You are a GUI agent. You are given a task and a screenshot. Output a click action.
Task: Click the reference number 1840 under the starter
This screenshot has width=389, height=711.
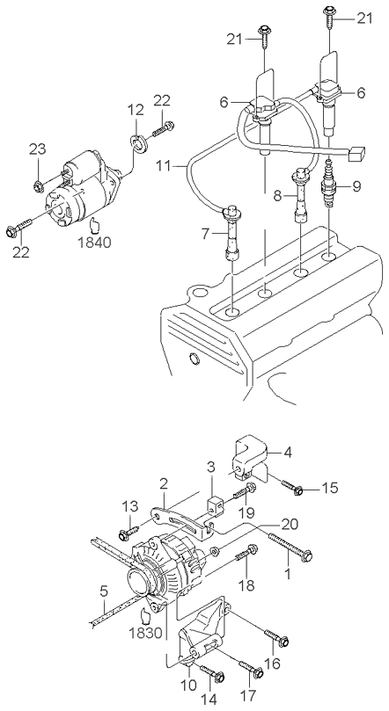[94, 243]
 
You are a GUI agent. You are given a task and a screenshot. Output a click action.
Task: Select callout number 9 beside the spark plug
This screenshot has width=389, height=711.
[356, 186]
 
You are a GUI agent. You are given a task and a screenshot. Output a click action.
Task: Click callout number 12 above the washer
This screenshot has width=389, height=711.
[136, 110]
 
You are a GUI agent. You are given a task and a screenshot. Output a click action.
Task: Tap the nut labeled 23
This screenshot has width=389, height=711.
[39, 185]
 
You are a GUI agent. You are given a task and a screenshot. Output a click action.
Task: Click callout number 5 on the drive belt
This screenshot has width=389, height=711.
[104, 591]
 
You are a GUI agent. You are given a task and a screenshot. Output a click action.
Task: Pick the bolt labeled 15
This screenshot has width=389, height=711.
[292, 486]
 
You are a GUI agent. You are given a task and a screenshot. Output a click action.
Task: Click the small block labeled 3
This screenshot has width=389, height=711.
[215, 504]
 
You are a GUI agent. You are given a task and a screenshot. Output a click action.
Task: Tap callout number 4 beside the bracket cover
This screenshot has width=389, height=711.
[289, 452]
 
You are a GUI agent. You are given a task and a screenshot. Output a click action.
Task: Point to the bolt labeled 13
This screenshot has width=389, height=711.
[128, 533]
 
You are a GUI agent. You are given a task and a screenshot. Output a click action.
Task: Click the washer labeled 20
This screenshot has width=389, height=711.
[215, 552]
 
